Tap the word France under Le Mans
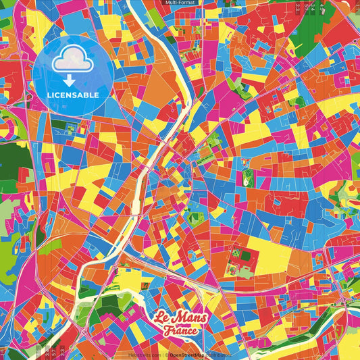tap(180, 331)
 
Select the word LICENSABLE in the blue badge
tap(72, 94)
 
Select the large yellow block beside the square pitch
tap(270, 257)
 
